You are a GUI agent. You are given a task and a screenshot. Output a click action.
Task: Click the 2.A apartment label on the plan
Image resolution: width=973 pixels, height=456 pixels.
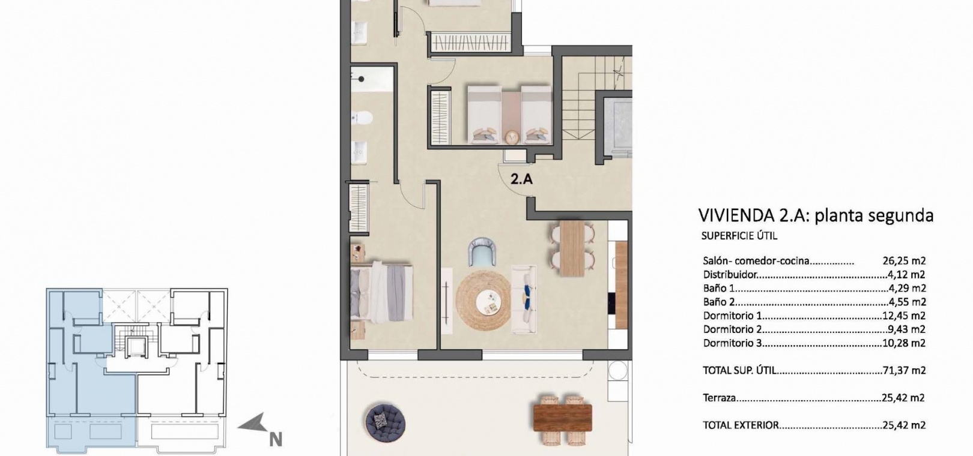[x=521, y=179]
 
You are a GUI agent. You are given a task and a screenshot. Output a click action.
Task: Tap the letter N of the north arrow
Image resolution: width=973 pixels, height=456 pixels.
[x=276, y=440]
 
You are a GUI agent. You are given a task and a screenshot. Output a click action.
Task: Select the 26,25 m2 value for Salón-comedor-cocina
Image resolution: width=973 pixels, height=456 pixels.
[x=904, y=261]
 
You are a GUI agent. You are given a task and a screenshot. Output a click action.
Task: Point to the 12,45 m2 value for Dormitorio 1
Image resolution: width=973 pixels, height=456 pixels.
[x=904, y=316]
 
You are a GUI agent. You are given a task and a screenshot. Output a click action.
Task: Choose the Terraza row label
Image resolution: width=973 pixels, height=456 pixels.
[x=720, y=397]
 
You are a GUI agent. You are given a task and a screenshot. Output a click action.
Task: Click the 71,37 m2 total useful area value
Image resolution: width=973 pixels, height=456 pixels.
[x=904, y=370]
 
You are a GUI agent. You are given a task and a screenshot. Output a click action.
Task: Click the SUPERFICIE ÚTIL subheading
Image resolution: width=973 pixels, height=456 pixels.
[x=739, y=236]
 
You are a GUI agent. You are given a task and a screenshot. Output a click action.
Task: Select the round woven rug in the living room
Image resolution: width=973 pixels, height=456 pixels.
[x=483, y=300]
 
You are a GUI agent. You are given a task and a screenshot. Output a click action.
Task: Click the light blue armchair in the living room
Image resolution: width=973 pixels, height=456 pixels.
[x=482, y=252]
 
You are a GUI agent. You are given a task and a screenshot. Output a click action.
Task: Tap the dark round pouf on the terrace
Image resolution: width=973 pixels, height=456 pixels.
[x=385, y=422]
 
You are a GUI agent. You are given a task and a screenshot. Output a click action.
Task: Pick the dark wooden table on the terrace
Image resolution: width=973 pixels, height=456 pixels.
[x=562, y=418]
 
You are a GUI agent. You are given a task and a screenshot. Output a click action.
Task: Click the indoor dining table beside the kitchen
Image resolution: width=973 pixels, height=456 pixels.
[x=572, y=248]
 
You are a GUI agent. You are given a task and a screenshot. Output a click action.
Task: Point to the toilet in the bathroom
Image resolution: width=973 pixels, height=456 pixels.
[x=362, y=117]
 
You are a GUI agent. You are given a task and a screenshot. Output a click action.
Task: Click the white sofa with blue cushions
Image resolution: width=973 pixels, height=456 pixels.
[x=523, y=299]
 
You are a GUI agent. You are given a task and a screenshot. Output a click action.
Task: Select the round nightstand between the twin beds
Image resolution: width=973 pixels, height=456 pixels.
[x=512, y=137]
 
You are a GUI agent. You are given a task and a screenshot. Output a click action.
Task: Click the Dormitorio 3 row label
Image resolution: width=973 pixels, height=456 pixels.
[x=732, y=343]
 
